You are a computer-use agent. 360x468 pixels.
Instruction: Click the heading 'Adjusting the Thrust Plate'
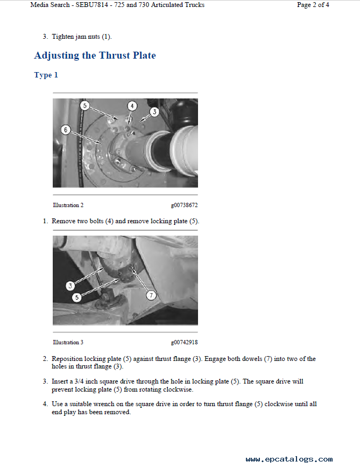pos(95,55)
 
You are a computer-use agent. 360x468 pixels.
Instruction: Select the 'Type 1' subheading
pos(46,75)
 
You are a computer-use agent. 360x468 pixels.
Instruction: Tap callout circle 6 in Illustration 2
pos(66,130)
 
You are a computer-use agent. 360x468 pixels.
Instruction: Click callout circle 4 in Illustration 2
pos(132,105)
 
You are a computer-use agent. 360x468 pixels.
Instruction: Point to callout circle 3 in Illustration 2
pos(154,112)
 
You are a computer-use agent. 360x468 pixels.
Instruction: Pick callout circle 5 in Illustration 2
pos(85,105)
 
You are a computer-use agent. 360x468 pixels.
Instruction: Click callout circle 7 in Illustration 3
pos(151,295)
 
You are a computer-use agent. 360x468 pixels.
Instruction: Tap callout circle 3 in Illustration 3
pos(70,286)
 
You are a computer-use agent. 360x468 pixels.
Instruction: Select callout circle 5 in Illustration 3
pos(77,297)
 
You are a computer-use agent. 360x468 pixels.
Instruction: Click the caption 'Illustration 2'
pos(68,205)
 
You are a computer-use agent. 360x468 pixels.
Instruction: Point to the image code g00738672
pos(184,205)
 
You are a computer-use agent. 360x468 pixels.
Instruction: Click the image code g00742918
pos(184,342)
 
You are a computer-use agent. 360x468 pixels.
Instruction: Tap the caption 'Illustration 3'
pos(68,342)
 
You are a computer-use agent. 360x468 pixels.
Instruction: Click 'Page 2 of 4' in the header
pos(313,5)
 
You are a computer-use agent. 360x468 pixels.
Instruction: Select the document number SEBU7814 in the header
pos(92,5)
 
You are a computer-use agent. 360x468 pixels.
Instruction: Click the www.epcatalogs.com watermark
pos(289,459)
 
